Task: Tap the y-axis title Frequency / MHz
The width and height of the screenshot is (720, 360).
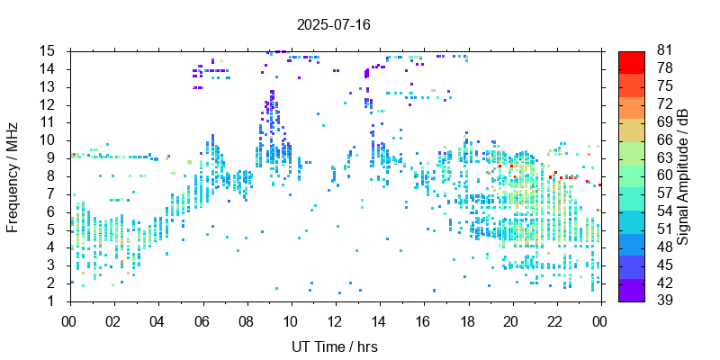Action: point(13,175)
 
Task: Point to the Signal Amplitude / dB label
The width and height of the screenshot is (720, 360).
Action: point(684,175)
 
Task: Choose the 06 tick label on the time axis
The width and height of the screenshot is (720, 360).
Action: point(202,319)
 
